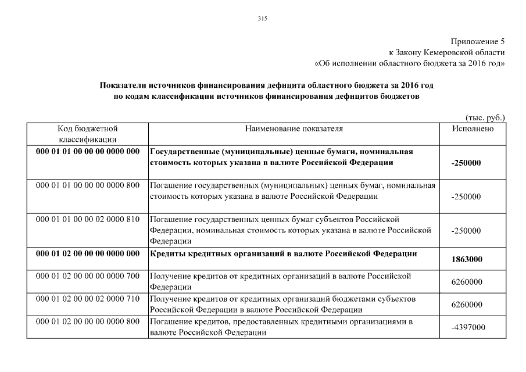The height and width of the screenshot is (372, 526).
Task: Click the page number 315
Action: [262, 19]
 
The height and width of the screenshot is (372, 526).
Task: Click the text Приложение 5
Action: [478, 41]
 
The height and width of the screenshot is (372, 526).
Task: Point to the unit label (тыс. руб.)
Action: [485, 117]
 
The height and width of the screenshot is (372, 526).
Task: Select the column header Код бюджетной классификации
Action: [88, 134]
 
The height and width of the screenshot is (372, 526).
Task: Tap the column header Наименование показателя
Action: [294, 128]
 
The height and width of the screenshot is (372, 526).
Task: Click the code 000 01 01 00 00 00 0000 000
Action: [88, 152]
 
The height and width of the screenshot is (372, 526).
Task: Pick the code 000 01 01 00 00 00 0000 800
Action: [88, 185]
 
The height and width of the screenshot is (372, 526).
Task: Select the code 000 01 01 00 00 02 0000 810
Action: [88, 219]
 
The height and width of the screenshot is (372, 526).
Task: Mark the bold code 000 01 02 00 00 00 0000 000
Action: [88, 253]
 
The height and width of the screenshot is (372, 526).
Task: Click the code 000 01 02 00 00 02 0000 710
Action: [88, 298]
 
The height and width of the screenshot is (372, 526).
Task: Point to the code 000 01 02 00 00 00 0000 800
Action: [88, 321]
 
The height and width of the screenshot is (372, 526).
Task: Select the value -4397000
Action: [468, 328]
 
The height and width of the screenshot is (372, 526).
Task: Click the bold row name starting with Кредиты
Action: [284, 253]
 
